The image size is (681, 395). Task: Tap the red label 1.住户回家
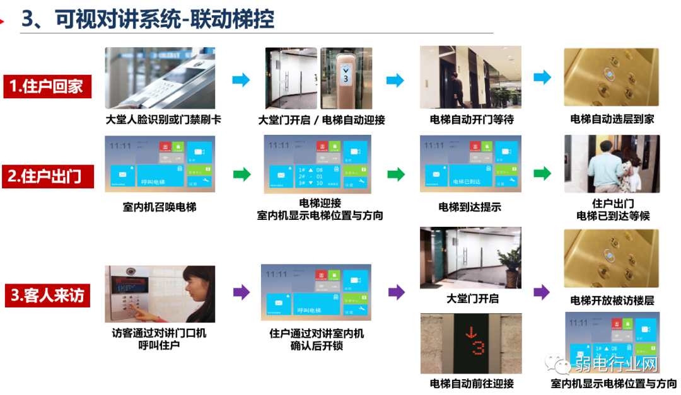[47, 86]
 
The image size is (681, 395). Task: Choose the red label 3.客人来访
[48, 295]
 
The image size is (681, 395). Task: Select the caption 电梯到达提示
[470, 207]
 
